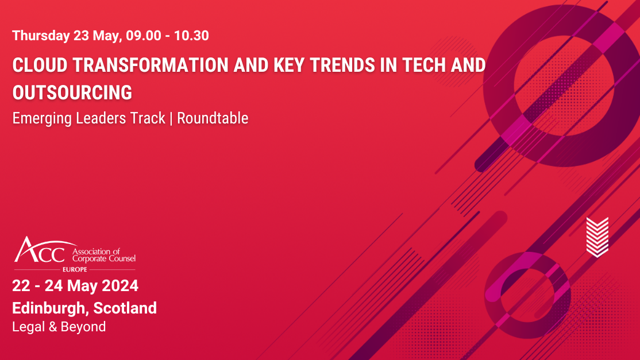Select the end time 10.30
click(x=191, y=36)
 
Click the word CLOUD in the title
click(x=36, y=65)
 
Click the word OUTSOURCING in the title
click(x=72, y=92)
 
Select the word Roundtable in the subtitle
click(x=213, y=118)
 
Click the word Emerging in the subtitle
click(x=40, y=118)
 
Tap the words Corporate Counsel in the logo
click(x=103, y=259)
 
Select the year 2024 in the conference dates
click(x=121, y=285)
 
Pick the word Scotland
click(x=125, y=308)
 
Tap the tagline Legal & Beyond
click(x=59, y=327)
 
